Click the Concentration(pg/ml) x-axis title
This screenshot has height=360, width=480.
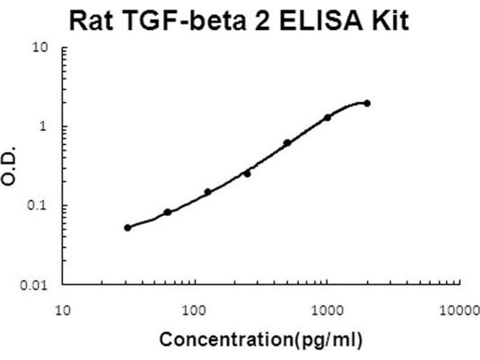tap(260, 340)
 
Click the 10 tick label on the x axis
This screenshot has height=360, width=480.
tap(62, 310)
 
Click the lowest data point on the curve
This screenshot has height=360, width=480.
tap(127, 227)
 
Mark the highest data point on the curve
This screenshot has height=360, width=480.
tap(367, 103)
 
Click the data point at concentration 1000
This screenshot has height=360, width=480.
tap(328, 118)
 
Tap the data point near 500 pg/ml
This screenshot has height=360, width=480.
tap(287, 143)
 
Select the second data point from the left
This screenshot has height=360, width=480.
tap(167, 212)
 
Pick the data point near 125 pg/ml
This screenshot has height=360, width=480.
tap(208, 192)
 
